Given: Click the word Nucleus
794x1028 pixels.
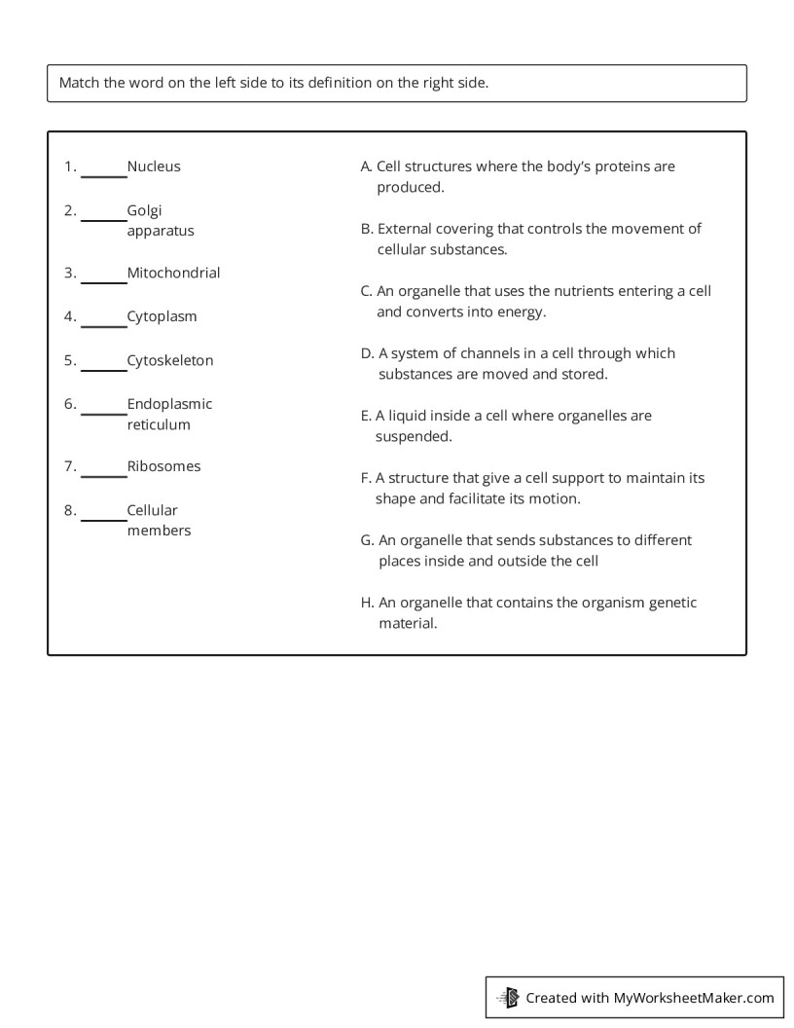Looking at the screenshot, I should pyautogui.click(x=154, y=166).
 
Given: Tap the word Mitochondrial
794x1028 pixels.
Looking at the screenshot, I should pyautogui.click(x=173, y=273).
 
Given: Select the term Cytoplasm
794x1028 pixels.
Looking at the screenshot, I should pyautogui.click(x=162, y=316).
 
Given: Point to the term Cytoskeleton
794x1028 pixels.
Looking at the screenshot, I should pyautogui.click(x=170, y=360).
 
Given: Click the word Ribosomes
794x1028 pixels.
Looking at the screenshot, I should pyautogui.click(x=163, y=466).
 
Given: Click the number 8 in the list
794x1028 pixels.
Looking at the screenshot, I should pyautogui.click(x=69, y=510).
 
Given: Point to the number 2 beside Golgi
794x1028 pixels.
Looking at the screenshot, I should pyautogui.click(x=69, y=210).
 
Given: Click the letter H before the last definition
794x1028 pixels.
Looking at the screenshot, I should pyautogui.click(x=366, y=603).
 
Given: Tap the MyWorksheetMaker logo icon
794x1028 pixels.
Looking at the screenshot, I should pyautogui.click(x=508, y=997).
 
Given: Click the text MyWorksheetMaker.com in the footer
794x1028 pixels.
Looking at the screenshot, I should pyautogui.click(x=694, y=997).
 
